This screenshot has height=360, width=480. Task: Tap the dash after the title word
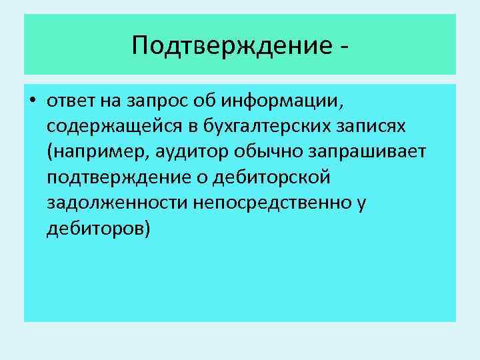(344, 47)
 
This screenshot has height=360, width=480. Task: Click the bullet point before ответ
(33, 102)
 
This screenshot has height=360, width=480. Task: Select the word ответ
(72, 102)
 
